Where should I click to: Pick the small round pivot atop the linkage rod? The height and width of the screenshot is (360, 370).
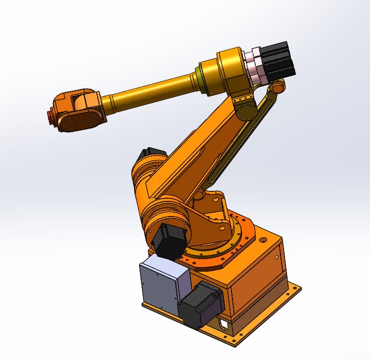point(277,88)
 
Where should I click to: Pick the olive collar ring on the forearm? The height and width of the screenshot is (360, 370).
point(203,79)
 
